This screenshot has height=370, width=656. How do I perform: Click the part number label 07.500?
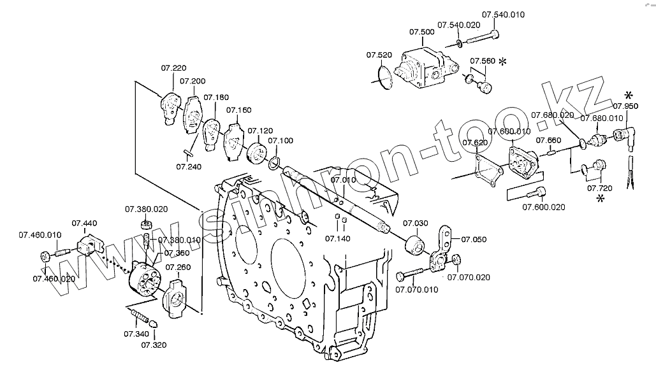[x=421, y=31]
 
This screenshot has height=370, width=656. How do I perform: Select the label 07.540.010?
[x=502, y=14]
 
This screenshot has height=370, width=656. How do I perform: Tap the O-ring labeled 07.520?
[x=383, y=77]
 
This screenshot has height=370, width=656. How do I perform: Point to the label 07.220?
[x=173, y=68]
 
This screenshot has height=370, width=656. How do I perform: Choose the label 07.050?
[x=474, y=239]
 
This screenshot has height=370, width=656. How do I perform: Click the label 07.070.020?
[x=469, y=277]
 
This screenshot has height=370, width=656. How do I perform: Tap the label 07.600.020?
[x=543, y=206]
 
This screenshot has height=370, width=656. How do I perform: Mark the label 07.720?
[x=599, y=189]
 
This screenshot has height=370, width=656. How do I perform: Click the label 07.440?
[x=84, y=223]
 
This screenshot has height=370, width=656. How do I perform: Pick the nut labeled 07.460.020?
[x=45, y=257]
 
